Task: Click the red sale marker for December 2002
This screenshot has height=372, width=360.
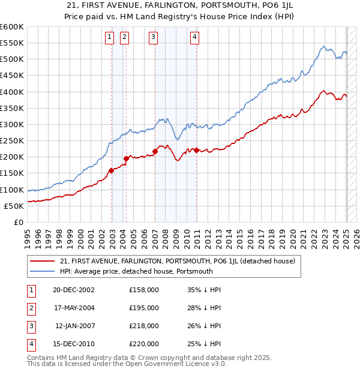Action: pyautogui.click(x=112, y=170)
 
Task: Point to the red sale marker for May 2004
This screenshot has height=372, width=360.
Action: pyautogui.click(x=127, y=158)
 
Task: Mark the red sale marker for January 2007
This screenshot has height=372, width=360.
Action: pyautogui.click(x=155, y=151)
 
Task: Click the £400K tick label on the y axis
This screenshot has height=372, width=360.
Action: pyautogui.click(x=11, y=92)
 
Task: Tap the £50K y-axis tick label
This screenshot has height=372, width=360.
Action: pyautogui.click(x=14, y=206)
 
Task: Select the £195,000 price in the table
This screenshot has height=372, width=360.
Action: pyautogui.click(x=144, y=307)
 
